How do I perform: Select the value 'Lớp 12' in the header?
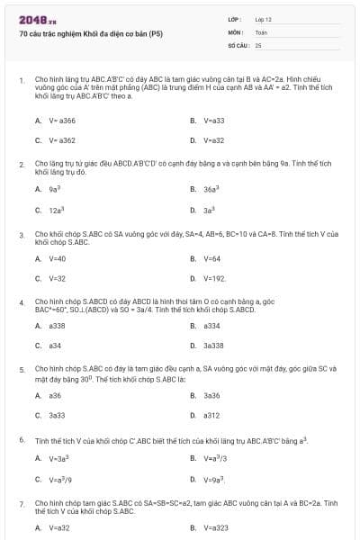[x=263, y=19]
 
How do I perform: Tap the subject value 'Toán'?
[x=261, y=31]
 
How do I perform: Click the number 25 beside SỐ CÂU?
[x=258, y=44]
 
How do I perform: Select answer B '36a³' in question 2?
[x=211, y=189]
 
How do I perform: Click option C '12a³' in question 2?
[x=56, y=210]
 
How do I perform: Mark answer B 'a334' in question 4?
[x=211, y=325]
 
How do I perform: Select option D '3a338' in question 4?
[x=213, y=346]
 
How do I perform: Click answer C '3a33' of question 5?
[x=56, y=415]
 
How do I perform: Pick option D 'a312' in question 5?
[x=211, y=415]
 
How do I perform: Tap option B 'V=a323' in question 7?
[x=214, y=527]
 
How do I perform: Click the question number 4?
[x=22, y=302]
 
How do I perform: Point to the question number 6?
[x=22, y=440]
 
